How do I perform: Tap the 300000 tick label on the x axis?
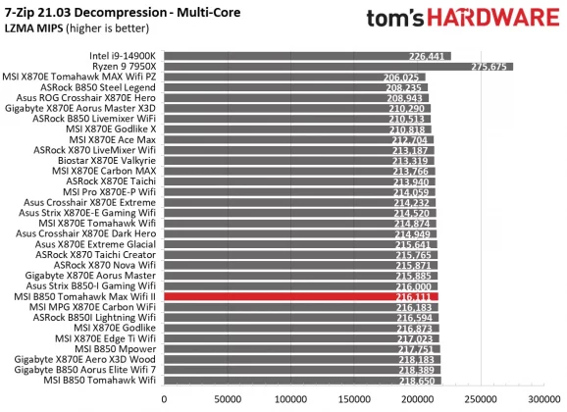coord(544,400)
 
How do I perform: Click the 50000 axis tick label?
coord(229,400)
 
